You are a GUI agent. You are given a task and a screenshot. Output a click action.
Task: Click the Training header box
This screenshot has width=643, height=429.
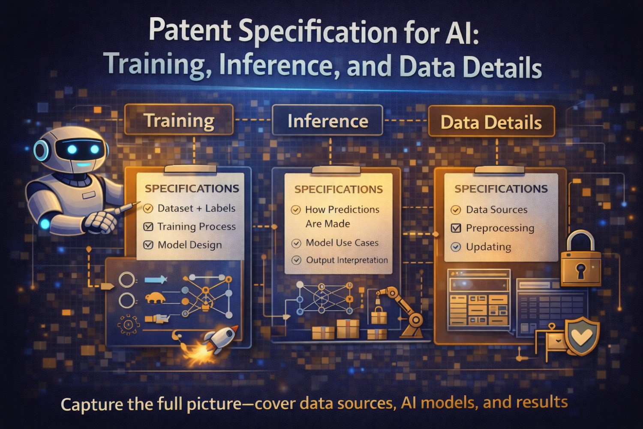[179, 120]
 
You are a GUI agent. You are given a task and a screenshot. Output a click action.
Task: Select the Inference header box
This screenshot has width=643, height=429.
[328, 121]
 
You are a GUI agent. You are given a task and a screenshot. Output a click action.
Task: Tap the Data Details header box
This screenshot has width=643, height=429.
[491, 122]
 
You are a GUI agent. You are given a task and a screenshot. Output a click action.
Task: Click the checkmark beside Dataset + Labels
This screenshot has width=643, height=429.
[148, 208]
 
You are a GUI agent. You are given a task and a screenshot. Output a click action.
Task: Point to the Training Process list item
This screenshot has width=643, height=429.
[196, 227]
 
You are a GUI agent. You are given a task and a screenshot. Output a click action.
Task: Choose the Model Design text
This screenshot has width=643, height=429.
[189, 245]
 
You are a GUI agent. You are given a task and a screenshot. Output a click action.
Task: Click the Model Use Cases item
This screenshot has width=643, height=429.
[342, 243]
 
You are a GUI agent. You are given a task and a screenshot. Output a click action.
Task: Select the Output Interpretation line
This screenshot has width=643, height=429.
[346, 260]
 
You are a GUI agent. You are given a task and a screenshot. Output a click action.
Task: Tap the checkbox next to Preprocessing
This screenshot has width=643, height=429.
[456, 228]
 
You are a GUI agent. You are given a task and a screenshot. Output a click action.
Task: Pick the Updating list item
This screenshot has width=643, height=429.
[488, 247]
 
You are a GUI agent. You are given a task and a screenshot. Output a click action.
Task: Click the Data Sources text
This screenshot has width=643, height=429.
[496, 209]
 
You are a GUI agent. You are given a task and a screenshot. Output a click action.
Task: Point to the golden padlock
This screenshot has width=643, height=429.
[580, 262]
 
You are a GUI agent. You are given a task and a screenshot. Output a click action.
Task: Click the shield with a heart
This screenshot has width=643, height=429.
[582, 337]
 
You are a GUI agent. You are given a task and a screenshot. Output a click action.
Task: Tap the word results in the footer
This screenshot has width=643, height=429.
[542, 402]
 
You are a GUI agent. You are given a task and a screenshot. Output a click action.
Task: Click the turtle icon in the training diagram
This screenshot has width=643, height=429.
[155, 298]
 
